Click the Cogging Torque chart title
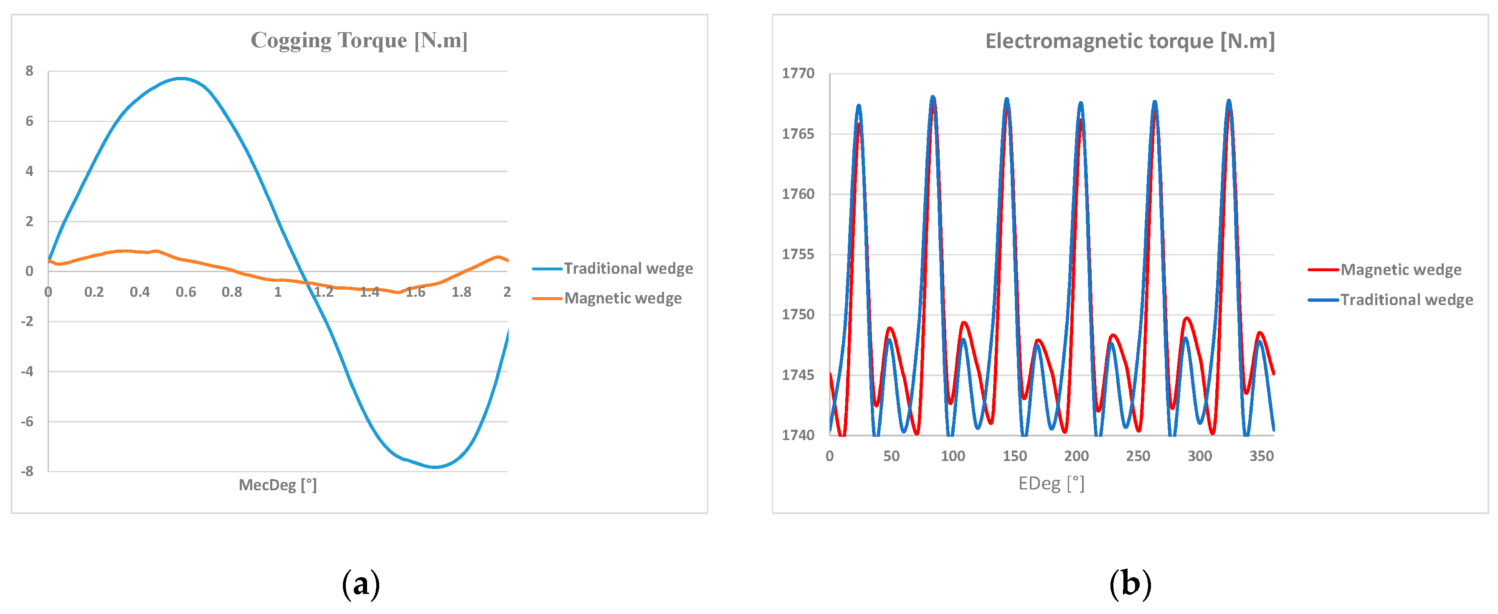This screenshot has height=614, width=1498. click(359, 40)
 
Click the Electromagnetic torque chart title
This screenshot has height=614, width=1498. click(1129, 41)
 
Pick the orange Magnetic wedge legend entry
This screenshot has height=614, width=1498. click(622, 298)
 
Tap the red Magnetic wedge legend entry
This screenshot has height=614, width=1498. click(1400, 270)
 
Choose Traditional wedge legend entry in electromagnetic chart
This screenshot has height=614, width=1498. click(1406, 300)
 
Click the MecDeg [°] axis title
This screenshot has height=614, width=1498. click(277, 485)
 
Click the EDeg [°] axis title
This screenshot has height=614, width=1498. click(1051, 484)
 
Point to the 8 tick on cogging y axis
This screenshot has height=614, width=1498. click(29, 71)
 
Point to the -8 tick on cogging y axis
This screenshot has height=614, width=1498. click(27, 471)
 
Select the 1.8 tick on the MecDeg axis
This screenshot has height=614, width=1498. click(461, 292)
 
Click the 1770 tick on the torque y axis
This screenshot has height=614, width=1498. click(798, 73)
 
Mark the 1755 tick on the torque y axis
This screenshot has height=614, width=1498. click(798, 254)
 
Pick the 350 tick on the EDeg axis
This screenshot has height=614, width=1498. click(1261, 456)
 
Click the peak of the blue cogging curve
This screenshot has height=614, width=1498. click(181, 78)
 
